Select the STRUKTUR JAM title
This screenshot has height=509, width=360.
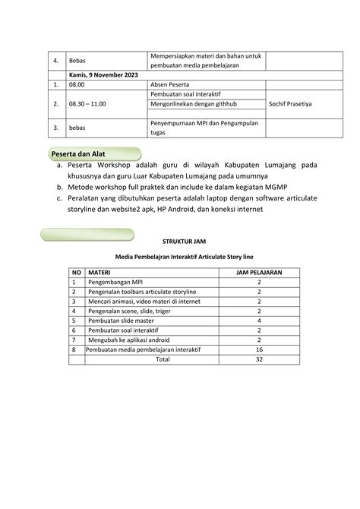pos(179,241)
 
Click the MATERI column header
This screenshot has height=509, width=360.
pos(101,271)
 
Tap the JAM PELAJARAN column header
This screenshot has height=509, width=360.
pos(259,271)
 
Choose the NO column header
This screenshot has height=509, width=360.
pos(76,271)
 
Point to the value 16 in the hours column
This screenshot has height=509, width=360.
pos(259,350)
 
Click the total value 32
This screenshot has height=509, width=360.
pos(259,360)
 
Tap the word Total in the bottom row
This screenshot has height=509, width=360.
pos(163,360)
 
